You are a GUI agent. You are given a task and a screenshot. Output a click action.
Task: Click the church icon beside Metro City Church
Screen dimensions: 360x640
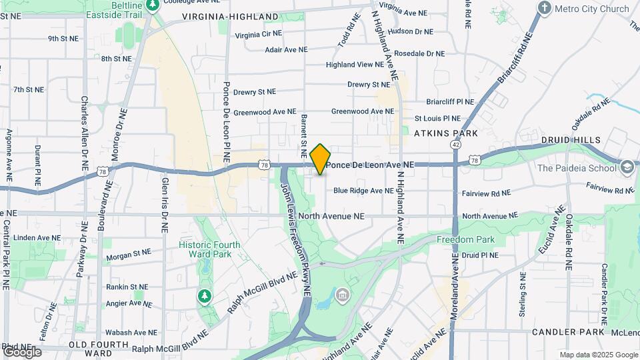click(545, 8)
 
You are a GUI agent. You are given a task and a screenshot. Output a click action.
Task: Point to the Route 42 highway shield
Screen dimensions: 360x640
click(455, 144)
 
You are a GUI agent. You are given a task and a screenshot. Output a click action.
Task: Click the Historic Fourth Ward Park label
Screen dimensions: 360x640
click(205, 249)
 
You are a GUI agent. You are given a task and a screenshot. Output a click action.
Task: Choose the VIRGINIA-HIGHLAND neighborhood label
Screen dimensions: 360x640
click(230, 16)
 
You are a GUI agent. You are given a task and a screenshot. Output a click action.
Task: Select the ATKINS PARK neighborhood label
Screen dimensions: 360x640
click(446, 133)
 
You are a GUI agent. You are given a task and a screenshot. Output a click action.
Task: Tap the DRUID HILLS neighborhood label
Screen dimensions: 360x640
click(571, 140)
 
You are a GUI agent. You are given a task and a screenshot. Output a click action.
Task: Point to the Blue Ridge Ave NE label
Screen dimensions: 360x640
click(363, 191)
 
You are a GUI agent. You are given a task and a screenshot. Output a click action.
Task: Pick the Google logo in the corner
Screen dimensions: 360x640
click(21, 351)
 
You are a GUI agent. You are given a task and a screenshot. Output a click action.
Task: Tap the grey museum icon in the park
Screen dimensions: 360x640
click(342, 294)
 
